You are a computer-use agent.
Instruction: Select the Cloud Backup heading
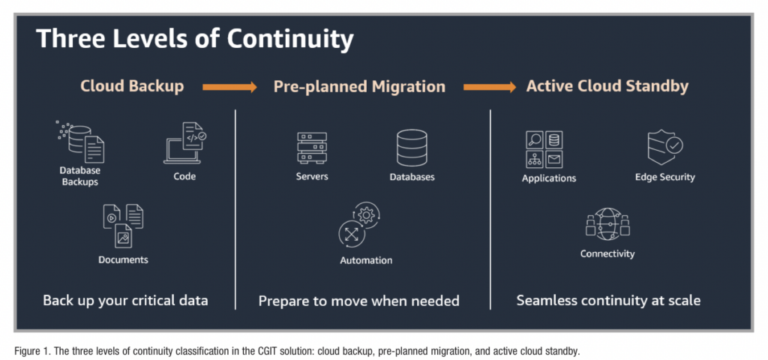(132, 86)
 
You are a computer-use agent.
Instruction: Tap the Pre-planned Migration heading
(359, 86)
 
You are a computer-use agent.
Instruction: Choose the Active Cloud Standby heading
(607, 86)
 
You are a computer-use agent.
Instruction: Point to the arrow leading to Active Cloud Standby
(489, 87)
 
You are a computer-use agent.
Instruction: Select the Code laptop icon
(184, 143)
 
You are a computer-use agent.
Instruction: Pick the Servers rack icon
(312, 148)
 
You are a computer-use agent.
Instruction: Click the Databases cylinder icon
(412, 148)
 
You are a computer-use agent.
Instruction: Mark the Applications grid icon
(545, 149)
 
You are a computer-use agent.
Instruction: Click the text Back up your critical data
(125, 301)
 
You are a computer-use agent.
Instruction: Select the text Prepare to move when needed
(358, 301)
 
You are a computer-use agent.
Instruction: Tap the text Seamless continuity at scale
(608, 301)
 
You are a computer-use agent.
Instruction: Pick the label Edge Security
(664, 178)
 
